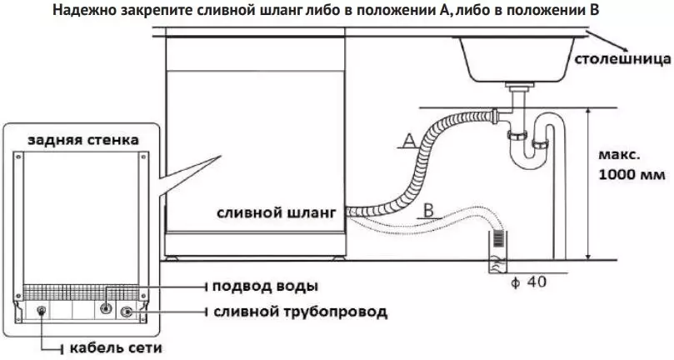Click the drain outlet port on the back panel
[x=127, y=312]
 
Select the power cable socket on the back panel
[x=42, y=312]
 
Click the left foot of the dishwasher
[x=172, y=257]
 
